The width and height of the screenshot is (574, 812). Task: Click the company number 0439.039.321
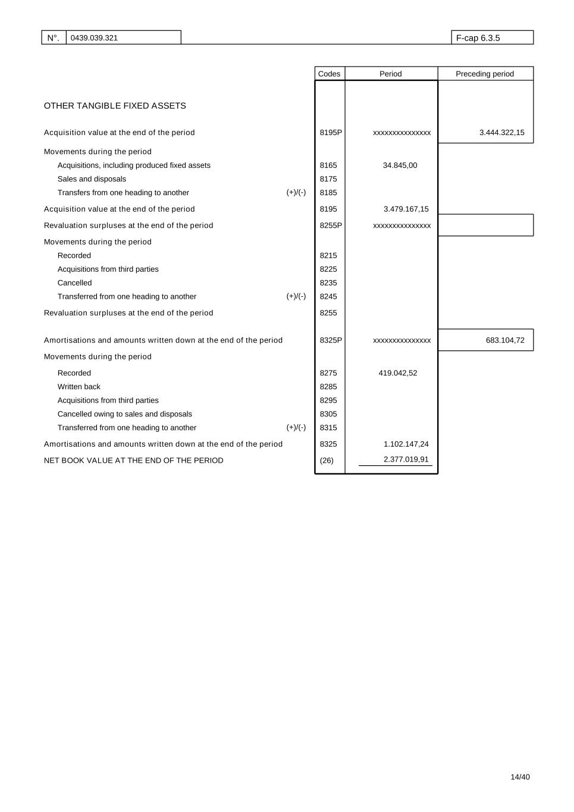pyautogui.click(x=94, y=38)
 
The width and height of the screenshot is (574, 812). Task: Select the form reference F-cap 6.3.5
pyautogui.click(x=478, y=38)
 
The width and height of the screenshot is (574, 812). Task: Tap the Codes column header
pyautogui.click(x=329, y=74)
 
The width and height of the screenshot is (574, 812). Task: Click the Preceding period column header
pyautogui.click(x=484, y=74)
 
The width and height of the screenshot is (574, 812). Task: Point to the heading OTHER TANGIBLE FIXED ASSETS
pyautogui.click(x=115, y=106)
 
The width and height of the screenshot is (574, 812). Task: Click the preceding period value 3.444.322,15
pyautogui.click(x=501, y=133)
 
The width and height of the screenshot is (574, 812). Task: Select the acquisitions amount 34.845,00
pyautogui.click(x=400, y=165)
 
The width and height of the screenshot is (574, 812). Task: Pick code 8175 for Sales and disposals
pyautogui.click(x=328, y=179)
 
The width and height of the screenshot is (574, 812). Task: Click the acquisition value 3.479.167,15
pyautogui.click(x=406, y=209)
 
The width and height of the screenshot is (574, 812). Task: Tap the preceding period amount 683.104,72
pyautogui.click(x=505, y=340)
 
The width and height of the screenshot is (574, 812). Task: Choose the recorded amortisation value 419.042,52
pyautogui.click(x=397, y=373)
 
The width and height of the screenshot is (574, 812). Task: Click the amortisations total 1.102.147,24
pyautogui.click(x=406, y=444)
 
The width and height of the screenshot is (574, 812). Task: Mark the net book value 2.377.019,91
pyautogui.click(x=406, y=459)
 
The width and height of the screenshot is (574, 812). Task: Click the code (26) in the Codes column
pyautogui.click(x=327, y=460)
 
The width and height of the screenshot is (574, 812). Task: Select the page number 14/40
pyautogui.click(x=520, y=777)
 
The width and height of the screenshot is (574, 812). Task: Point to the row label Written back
pyautogui.click(x=79, y=387)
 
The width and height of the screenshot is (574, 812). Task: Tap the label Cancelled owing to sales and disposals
pyautogui.click(x=124, y=414)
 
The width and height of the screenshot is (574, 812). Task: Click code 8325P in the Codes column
pyautogui.click(x=331, y=340)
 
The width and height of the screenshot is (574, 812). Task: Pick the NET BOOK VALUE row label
pyautogui.click(x=133, y=460)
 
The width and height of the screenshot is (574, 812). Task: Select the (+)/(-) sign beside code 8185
pyautogui.click(x=296, y=193)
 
